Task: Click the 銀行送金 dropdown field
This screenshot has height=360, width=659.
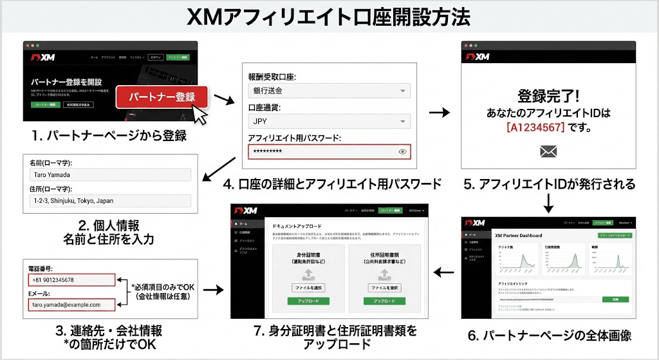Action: tap(329, 91)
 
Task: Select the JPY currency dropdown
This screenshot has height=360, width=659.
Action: tap(329, 121)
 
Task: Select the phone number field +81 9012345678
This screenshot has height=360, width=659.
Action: tap(71, 280)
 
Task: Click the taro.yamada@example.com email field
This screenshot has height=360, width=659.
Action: tap(71, 305)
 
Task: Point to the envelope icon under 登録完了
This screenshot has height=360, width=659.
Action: tap(548, 152)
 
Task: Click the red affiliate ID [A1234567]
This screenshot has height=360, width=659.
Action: tap(535, 128)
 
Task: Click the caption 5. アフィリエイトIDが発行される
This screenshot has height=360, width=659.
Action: tap(549, 185)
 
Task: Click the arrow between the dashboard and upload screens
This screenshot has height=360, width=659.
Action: tap(441, 273)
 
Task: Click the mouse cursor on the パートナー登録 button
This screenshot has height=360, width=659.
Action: tap(202, 115)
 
